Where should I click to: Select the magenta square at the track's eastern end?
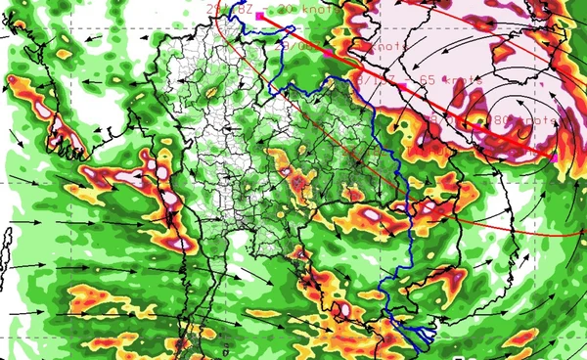tap(555, 156)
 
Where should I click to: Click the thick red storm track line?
tap(470, 116)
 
